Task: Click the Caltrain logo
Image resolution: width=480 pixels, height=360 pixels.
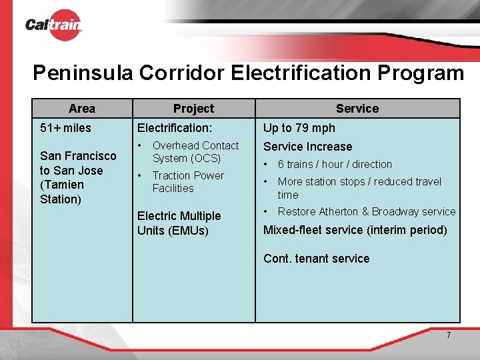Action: [x=53, y=25]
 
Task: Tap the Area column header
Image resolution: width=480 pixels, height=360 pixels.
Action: [x=81, y=109]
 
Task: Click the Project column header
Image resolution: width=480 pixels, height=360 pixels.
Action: [x=193, y=109]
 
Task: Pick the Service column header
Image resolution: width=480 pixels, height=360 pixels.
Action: [x=357, y=109]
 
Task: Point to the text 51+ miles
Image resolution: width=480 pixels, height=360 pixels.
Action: [x=65, y=128]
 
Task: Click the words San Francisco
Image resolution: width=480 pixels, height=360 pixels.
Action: [x=78, y=156]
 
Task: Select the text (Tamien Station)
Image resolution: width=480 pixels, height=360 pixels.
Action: [x=62, y=192]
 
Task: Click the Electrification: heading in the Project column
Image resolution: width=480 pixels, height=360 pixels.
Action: [x=175, y=128]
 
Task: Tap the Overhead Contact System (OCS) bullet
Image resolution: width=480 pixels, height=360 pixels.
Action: [x=195, y=152]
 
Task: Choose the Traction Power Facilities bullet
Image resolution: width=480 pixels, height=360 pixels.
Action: [x=187, y=182]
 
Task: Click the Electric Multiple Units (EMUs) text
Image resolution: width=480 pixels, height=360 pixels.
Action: [x=179, y=223]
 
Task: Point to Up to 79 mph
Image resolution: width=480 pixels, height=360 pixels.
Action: [x=299, y=128]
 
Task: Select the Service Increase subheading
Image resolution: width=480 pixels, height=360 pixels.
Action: [x=307, y=147]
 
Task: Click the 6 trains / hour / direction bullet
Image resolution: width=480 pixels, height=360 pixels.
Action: [x=335, y=164]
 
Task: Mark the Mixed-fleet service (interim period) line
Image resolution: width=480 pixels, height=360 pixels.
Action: [x=355, y=230]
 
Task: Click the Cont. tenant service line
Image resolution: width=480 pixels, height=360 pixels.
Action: [x=316, y=259]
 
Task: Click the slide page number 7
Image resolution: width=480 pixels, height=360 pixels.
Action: [x=449, y=335]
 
